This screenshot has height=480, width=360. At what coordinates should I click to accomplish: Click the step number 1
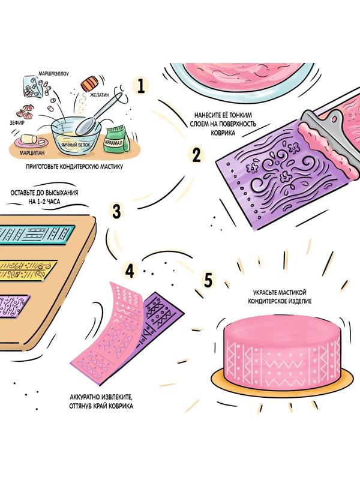141,86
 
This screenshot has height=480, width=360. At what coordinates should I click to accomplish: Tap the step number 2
196,155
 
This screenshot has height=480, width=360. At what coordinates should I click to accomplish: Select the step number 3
116,212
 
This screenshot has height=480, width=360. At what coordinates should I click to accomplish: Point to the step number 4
130,271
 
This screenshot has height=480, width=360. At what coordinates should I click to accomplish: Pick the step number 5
208,280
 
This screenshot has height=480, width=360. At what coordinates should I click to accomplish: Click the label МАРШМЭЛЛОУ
53,74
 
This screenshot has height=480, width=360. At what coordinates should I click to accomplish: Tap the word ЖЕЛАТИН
100,95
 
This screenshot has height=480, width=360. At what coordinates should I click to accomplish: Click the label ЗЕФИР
17,123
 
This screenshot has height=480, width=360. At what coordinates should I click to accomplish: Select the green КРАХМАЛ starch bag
115,139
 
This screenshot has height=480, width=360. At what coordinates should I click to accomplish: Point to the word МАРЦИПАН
32,152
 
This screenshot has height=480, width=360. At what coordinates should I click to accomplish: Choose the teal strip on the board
37,235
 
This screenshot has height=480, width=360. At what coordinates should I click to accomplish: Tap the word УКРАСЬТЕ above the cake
265,293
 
